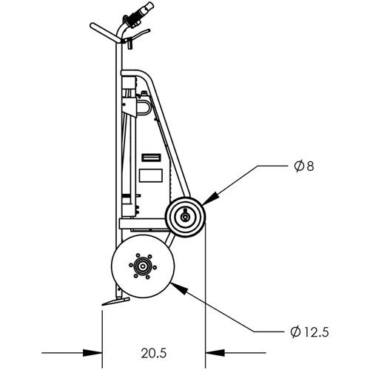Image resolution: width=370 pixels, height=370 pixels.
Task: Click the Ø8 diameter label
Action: tap(304, 166)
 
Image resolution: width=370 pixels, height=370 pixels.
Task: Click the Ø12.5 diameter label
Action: tap(309, 332)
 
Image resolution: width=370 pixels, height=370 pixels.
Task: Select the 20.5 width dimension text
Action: tap(154, 353)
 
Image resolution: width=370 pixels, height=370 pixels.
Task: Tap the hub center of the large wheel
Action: tap(142, 266)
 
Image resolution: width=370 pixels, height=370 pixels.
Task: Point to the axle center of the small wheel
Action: tap(184, 217)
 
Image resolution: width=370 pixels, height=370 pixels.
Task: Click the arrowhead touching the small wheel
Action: tap(210, 198)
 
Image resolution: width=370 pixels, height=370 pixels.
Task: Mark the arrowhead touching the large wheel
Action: tap(178, 288)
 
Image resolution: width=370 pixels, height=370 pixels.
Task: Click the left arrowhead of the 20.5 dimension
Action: tap(92, 353)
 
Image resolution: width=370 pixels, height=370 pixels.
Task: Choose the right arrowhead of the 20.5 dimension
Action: tap(215, 353)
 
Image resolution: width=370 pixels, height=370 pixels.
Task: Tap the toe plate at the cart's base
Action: tap(115, 301)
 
